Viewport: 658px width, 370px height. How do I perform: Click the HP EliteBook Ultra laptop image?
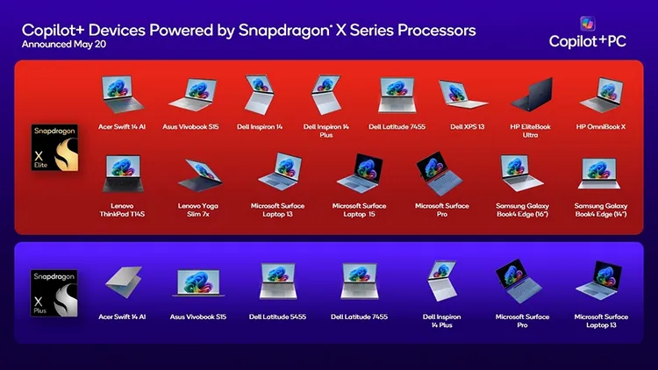pyautogui.click(x=533, y=93)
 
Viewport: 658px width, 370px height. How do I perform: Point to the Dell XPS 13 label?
pyautogui.click(x=468, y=126)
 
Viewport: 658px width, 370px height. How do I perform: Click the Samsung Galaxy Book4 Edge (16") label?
pyautogui.click(x=524, y=210)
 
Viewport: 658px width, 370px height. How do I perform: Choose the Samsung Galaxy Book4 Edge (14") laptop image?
pyautogui.click(x=605, y=174)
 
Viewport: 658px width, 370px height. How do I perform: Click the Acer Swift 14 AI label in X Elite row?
pyautogui.click(x=122, y=126)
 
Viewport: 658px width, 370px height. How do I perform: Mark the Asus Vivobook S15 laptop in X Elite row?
pyautogui.click(x=192, y=94)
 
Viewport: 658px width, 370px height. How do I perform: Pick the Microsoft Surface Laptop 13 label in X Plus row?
pyautogui.click(x=601, y=320)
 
